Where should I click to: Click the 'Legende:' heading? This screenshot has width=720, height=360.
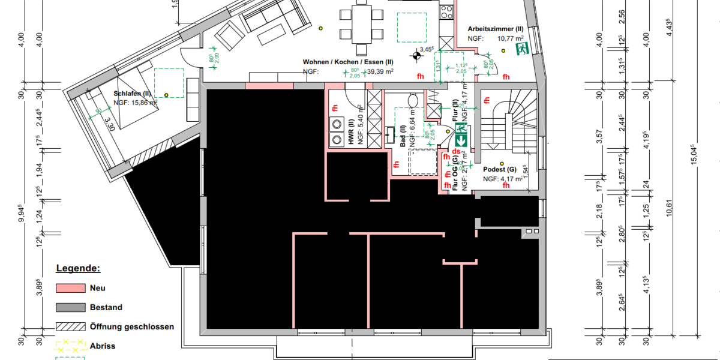(x=78, y=268)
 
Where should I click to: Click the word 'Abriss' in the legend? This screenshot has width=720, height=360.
(x=103, y=346)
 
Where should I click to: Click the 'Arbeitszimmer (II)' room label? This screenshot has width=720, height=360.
(x=496, y=28)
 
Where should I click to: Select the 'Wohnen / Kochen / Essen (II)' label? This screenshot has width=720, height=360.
(x=348, y=62)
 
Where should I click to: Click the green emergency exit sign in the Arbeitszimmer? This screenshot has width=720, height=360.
(x=523, y=47)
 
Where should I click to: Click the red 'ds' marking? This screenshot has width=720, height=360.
(x=457, y=152)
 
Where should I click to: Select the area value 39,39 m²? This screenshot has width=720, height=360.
(x=381, y=71)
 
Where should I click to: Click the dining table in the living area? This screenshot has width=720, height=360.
(x=361, y=24)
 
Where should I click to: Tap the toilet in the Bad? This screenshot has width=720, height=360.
(x=413, y=100)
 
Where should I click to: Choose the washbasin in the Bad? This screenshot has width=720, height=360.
(x=391, y=133)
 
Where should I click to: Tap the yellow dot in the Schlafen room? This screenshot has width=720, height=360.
(x=167, y=94)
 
